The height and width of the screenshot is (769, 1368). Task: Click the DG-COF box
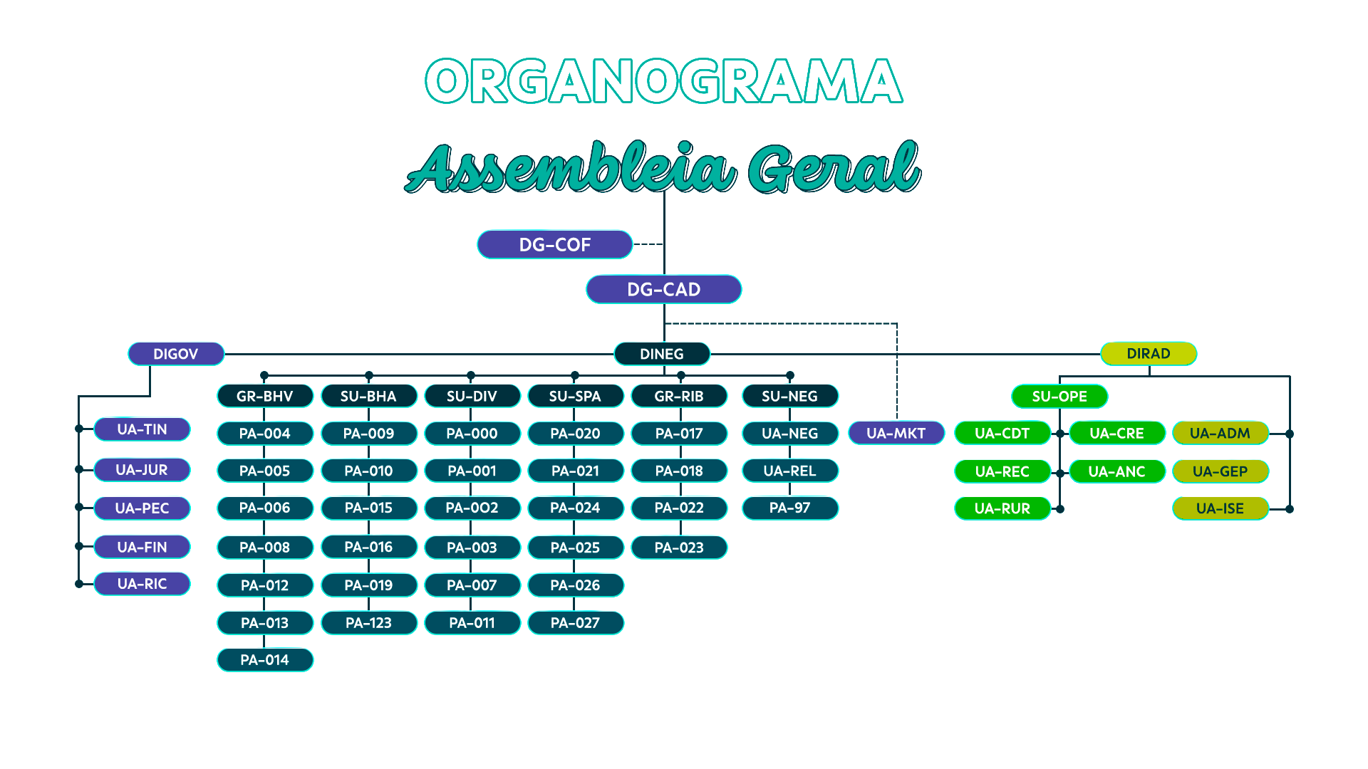pos(554,244)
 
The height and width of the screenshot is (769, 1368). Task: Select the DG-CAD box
pos(663,289)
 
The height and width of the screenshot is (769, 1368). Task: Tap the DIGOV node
pos(175,354)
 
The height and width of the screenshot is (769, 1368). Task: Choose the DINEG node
pos(662,354)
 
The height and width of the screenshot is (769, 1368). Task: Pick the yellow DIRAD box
pos(1149,353)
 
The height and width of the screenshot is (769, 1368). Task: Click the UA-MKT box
pos(896,433)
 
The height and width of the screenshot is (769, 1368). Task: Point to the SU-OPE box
pos(1059,396)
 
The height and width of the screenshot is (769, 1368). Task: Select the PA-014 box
pos(264,659)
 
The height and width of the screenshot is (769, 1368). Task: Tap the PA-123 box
pos(368,622)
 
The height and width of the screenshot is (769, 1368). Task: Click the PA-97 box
pos(789,508)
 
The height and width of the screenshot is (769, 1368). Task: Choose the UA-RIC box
pos(142,583)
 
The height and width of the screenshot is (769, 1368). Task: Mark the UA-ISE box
pos(1220,508)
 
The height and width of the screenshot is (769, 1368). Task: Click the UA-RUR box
pos(1002,508)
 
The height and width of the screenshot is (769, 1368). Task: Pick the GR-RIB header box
pos(679,396)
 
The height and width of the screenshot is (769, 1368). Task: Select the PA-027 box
pos(575,622)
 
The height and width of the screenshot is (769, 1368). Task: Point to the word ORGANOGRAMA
pos(663,80)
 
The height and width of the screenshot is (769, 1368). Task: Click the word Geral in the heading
pos(834,168)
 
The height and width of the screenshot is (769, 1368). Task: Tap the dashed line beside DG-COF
pos(648,244)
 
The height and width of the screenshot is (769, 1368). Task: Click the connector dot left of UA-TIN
pos(79,429)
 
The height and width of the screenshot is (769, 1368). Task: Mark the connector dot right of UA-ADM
pos(1289,434)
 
